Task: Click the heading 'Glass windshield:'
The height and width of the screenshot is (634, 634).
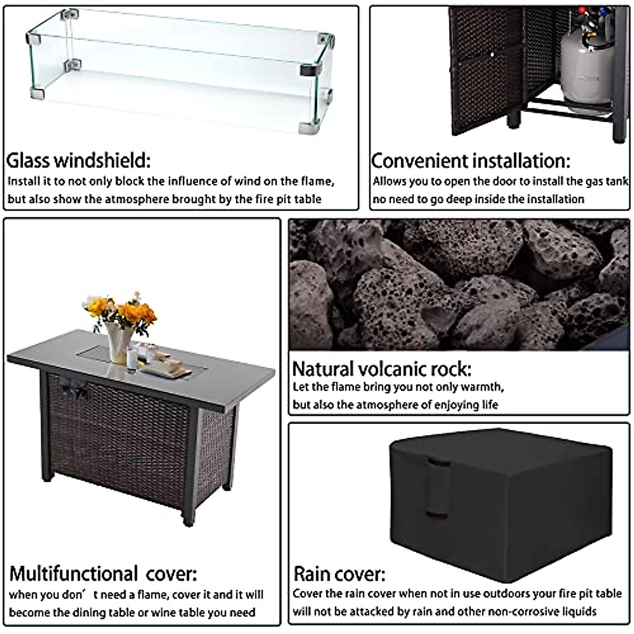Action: (x=78, y=160)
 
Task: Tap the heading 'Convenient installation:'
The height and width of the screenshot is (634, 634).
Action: (x=471, y=161)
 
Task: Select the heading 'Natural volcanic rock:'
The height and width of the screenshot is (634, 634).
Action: (x=381, y=368)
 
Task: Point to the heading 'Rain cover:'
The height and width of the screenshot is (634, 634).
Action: (x=339, y=574)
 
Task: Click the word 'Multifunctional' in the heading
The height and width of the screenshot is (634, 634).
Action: (x=74, y=573)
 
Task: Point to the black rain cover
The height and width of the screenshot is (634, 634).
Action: (x=499, y=497)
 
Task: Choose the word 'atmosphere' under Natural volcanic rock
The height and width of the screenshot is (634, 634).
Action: (x=386, y=405)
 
